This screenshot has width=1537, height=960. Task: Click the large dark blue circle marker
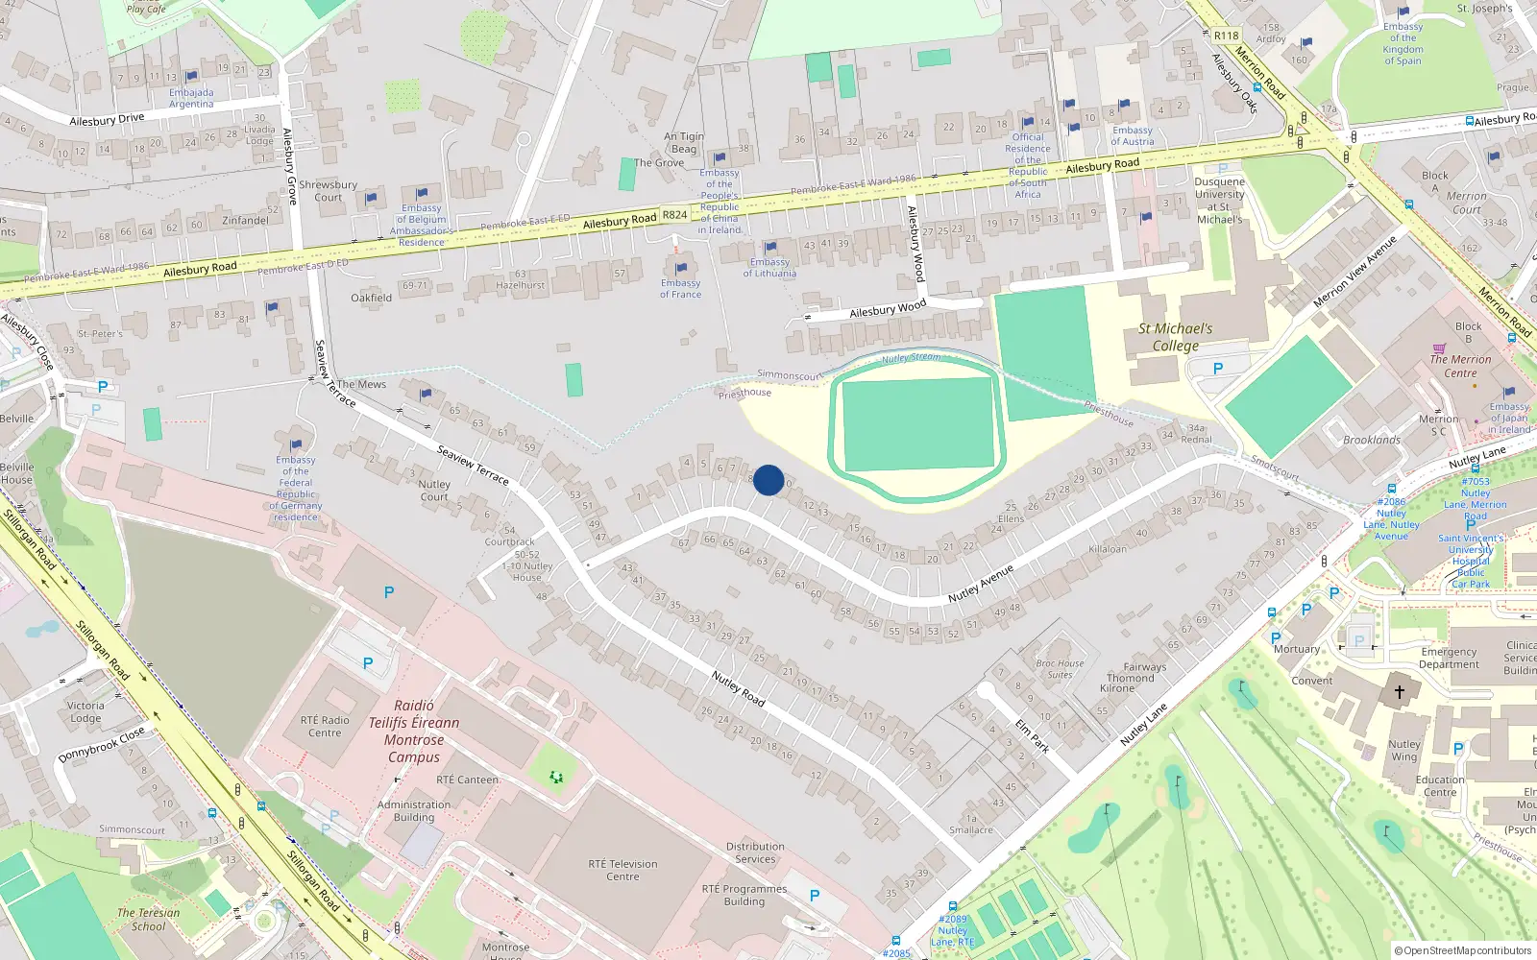(x=768, y=480)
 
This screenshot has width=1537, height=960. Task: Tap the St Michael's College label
(x=1175, y=337)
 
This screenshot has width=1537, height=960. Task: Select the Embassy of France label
(x=680, y=289)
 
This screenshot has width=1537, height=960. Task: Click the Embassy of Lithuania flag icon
(x=770, y=248)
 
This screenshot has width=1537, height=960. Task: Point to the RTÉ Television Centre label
(x=622, y=870)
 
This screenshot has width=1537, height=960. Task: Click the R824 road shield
(x=674, y=215)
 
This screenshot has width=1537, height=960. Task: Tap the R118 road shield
(x=1226, y=36)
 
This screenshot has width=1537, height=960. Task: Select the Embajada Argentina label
(x=191, y=98)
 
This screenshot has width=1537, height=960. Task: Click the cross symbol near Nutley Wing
(x=1400, y=691)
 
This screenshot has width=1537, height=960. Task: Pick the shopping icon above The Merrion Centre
(x=1438, y=348)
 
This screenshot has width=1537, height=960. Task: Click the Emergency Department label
(x=1449, y=658)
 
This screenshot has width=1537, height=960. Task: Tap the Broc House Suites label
(x=1060, y=669)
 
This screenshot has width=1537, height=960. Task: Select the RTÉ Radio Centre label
(x=325, y=727)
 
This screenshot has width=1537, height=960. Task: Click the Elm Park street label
(x=1032, y=734)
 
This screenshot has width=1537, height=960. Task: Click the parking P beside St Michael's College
(x=1218, y=369)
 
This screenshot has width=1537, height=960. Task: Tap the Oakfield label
(x=371, y=298)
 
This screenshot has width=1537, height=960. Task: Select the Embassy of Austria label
(x=1132, y=136)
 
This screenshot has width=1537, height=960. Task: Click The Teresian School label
(x=148, y=920)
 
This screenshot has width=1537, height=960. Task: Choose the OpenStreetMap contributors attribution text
(x=1462, y=950)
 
